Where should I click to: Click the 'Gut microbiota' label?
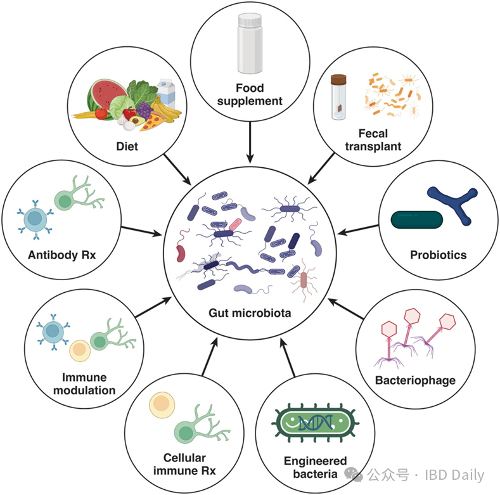click(x=250, y=313)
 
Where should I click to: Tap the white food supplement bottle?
click(x=250, y=43)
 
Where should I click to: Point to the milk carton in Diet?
click(x=167, y=93)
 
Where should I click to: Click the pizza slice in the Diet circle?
click(x=152, y=122)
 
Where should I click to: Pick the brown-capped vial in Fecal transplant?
click(x=338, y=97)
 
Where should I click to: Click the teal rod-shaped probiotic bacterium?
click(x=417, y=220)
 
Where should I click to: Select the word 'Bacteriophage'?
click(x=415, y=380)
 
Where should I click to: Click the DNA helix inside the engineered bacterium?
click(x=316, y=423)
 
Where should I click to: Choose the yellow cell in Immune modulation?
click(x=80, y=350)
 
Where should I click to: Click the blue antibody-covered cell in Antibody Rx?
click(x=35, y=219)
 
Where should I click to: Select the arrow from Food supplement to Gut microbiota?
click(x=250, y=143)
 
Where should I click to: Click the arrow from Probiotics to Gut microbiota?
click(x=358, y=229)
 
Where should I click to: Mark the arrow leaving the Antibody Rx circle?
click(x=141, y=231)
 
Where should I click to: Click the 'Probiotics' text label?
click(x=438, y=255)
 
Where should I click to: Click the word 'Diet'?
click(x=127, y=146)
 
